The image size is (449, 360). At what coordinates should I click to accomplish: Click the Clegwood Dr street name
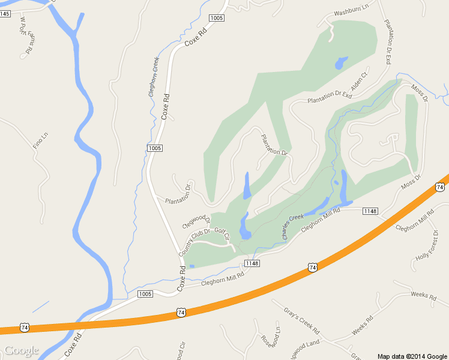pyautogui.click(x=196, y=220)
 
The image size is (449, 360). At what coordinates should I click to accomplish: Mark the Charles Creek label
pyautogui.click(x=294, y=227)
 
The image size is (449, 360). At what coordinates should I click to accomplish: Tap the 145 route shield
pyautogui.click(x=5, y=13)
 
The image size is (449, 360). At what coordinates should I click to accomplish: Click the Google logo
pyautogui.click(x=21, y=350)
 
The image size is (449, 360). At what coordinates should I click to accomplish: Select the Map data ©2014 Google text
pyautogui.click(x=412, y=355)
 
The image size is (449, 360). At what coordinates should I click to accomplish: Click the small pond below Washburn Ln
pyautogui.click(x=340, y=62)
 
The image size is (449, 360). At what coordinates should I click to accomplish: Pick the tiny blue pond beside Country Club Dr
pyautogui.click(x=191, y=266)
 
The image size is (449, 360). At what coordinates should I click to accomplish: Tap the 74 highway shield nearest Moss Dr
pyautogui.click(x=440, y=188)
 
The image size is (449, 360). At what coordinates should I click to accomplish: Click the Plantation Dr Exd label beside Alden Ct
pyautogui.click(x=328, y=97)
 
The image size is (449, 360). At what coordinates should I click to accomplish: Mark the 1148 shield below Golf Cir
pyautogui.click(x=252, y=264)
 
